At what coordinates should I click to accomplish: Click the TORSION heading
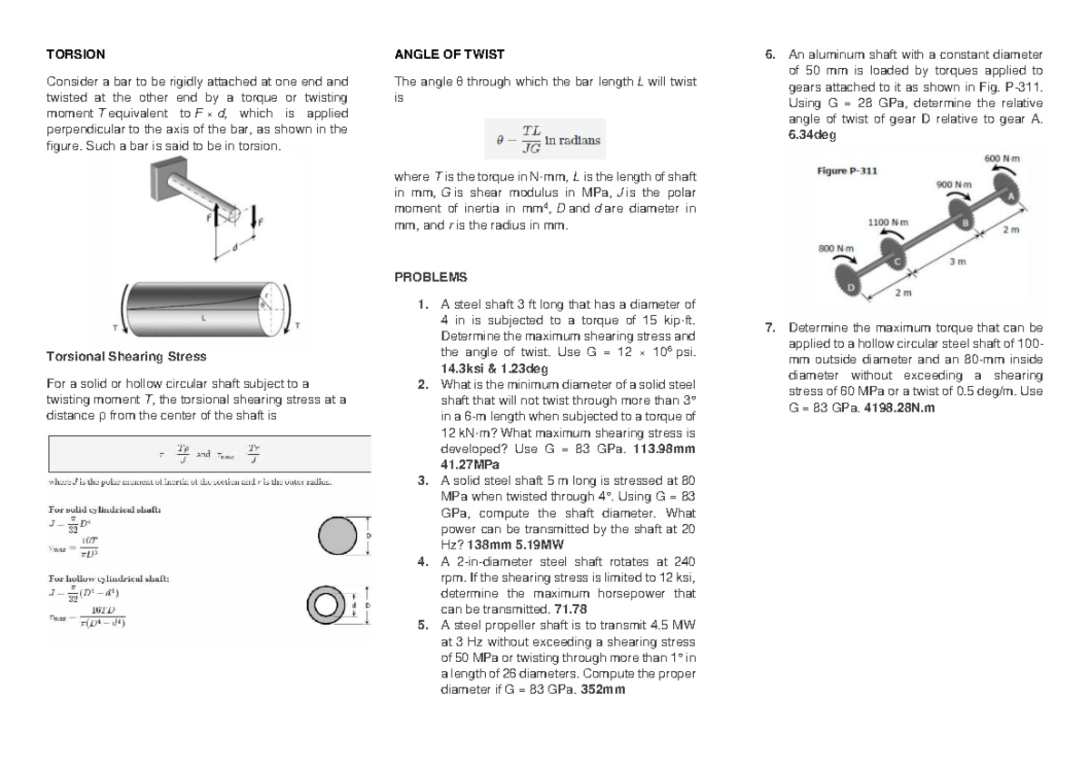[75, 54]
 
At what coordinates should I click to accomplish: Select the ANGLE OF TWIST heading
[449, 54]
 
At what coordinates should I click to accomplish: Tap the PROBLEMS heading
[431, 277]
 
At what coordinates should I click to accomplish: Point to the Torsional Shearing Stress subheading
[126, 357]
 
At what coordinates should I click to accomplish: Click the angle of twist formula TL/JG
[548, 140]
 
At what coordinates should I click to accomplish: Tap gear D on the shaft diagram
[853, 286]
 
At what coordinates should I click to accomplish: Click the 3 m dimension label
[956, 262]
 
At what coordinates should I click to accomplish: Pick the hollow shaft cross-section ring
[327, 605]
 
